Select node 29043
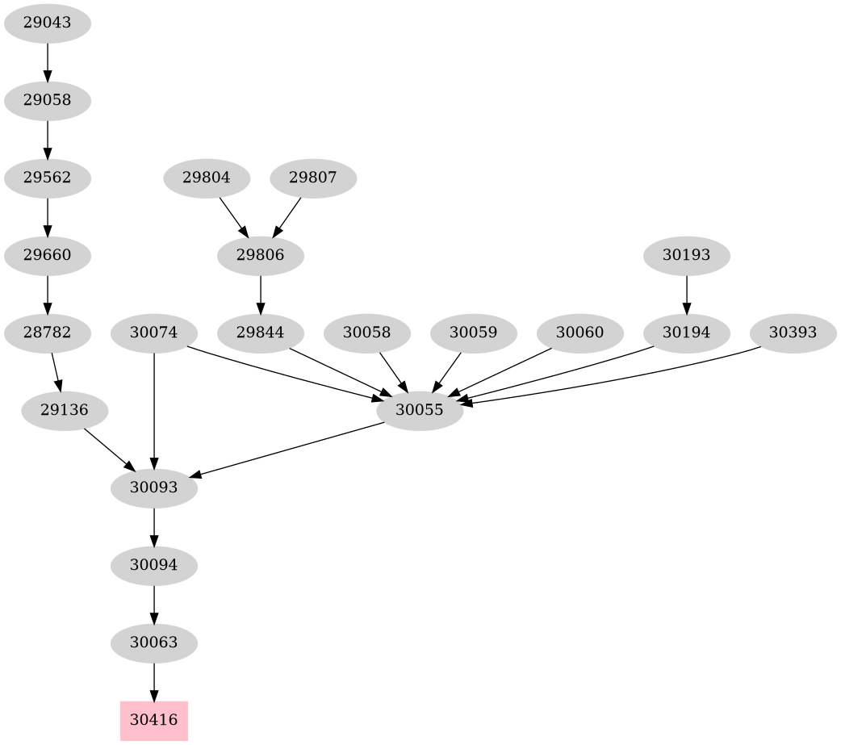point(48,23)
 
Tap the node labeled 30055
point(420,410)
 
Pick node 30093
point(154,488)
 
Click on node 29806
point(261,256)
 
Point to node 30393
point(793,333)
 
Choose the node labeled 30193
point(687,256)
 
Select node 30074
point(154,333)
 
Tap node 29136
point(65,410)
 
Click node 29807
point(313,178)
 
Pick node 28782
point(48,333)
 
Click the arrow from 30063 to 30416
point(154,682)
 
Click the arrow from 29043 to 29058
point(48,61)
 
